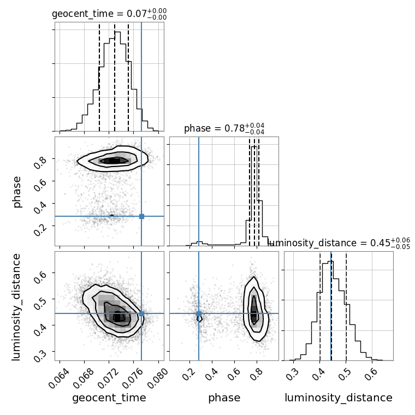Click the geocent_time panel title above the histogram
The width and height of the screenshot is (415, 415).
pyautogui.click(x=109, y=14)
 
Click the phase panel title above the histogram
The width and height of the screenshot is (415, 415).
pyautogui.click(x=224, y=129)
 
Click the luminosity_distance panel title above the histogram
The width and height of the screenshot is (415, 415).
pyautogui.click(x=339, y=243)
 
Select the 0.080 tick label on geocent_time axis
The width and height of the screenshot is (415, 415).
pyautogui.click(x=157, y=373)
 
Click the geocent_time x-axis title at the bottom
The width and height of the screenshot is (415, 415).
pyautogui.click(x=109, y=398)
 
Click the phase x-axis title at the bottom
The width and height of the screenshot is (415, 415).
pyautogui.click(x=224, y=398)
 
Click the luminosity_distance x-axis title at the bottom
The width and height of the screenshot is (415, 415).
pyautogui.click(x=339, y=398)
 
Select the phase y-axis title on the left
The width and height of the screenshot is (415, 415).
pyautogui.click(x=17, y=191)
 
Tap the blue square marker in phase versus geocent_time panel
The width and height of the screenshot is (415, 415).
pyautogui.click(x=141, y=216)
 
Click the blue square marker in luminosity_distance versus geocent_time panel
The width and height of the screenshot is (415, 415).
pyautogui.click(x=141, y=313)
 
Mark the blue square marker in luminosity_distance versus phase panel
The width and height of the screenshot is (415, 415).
pyautogui.click(x=199, y=313)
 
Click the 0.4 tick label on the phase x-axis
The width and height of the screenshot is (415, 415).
pyautogui.click(x=210, y=373)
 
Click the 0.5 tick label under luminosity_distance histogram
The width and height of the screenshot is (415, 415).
pyautogui.click(x=345, y=373)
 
